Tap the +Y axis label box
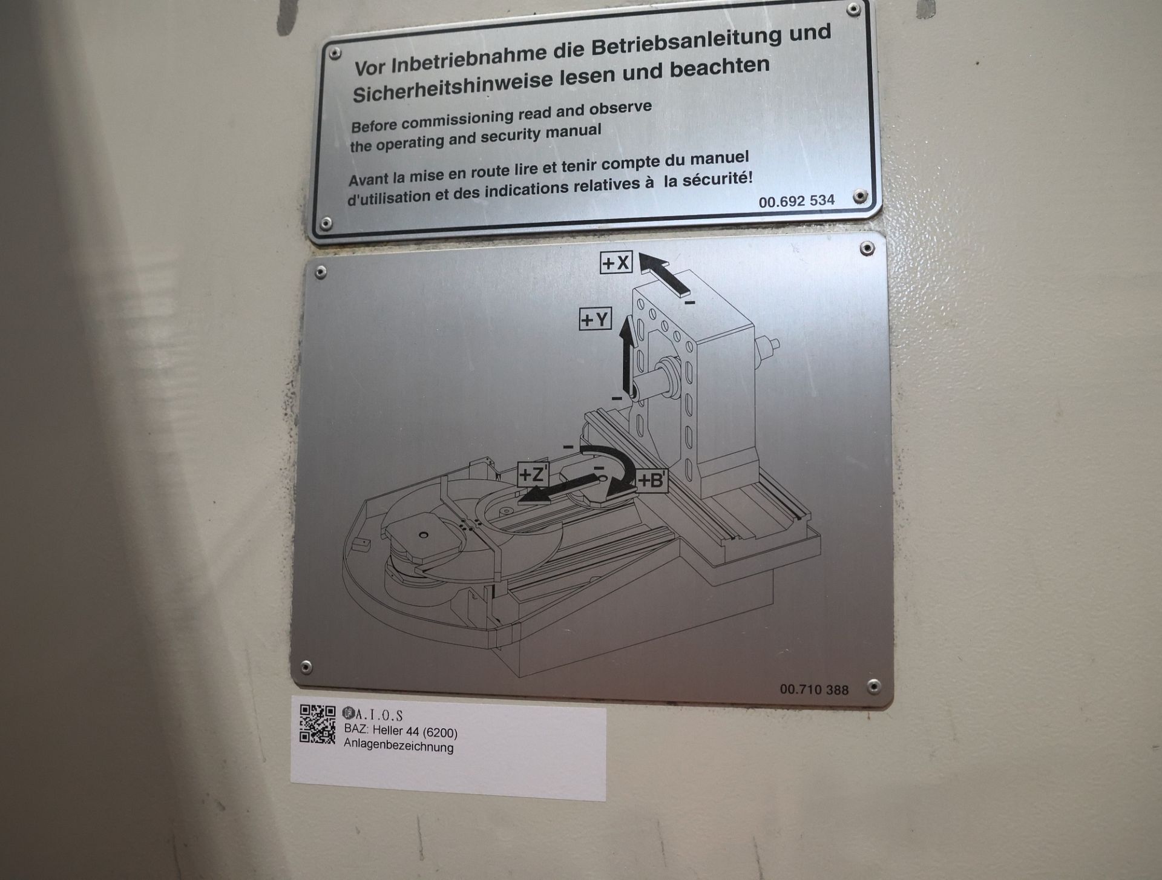click(x=596, y=319)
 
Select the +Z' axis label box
click(x=533, y=474)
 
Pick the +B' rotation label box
click(x=652, y=481)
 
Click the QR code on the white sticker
click(x=318, y=724)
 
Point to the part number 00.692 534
click(x=796, y=201)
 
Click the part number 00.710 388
click(x=814, y=689)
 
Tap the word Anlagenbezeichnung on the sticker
click(x=398, y=746)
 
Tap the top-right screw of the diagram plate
click(x=867, y=248)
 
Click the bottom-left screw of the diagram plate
click(x=306, y=668)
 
